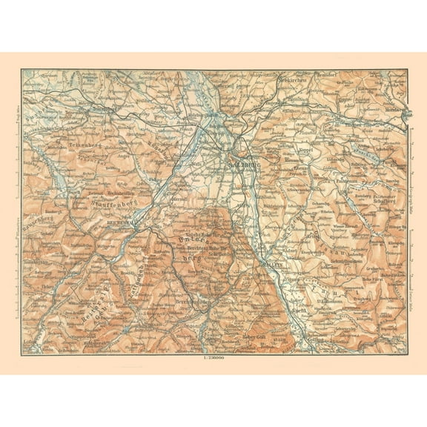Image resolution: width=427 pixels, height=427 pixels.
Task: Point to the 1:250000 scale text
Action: [x=213, y=360]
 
